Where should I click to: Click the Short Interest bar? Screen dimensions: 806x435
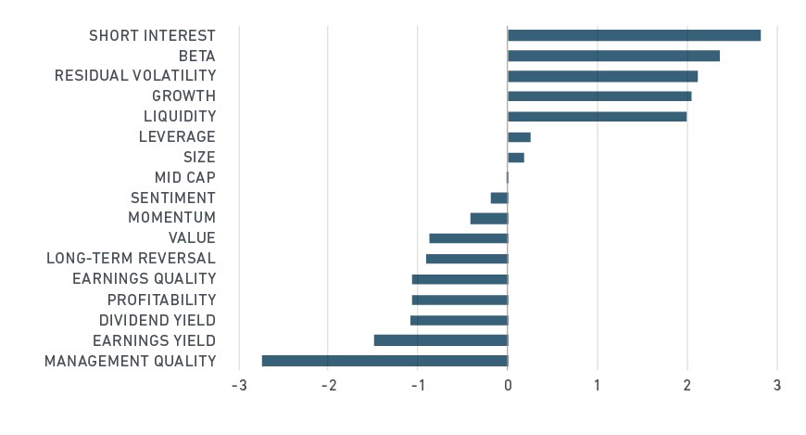(x=635, y=35)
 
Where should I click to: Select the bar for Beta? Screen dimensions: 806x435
(x=613, y=56)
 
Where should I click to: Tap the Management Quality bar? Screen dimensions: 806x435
(x=385, y=361)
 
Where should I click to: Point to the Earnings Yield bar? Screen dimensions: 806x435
(x=441, y=340)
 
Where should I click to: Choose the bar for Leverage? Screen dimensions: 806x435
(x=519, y=137)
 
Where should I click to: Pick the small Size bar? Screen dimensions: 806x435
(x=516, y=157)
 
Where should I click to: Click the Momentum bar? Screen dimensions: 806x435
(x=489, y=218)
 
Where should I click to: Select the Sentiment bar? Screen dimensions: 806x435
(x=499, y=198)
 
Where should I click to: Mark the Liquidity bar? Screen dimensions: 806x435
(x=598, y=116)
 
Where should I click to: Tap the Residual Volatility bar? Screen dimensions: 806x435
(x=603, y=76)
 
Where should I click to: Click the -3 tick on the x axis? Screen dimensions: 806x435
(x=240, y=385)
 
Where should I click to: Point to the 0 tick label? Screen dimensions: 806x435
(x=508, y=385)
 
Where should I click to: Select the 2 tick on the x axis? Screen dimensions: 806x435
(x=687, y=385)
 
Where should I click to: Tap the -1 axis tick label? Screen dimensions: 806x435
(x=419, y=385)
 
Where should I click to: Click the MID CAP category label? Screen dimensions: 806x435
(x=185, y=177)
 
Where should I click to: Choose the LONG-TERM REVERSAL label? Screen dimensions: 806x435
(x=131, y=258)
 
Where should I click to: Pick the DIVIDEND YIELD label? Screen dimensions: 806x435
(x=157, y=320)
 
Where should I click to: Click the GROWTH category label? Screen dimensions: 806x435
(x=184, y=96)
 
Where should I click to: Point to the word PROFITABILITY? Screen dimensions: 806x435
(x=161, y=300)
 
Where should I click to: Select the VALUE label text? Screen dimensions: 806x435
(x=193, y=237)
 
